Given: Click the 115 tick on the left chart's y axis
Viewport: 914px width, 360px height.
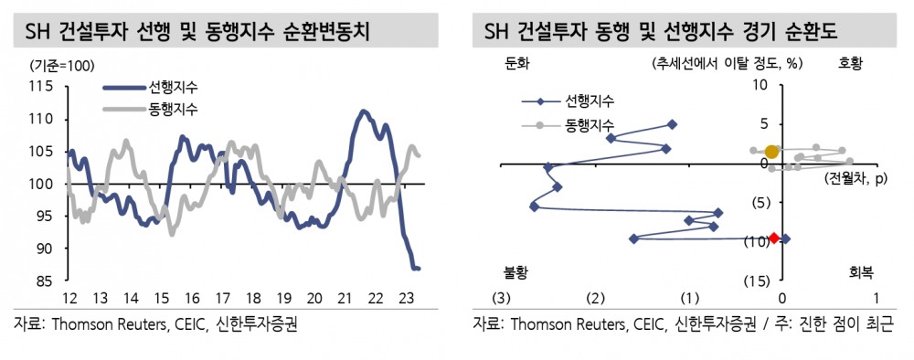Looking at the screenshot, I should click(x=39, y=87).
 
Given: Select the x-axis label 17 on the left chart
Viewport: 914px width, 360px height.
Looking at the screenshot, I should click(x=222, y=298).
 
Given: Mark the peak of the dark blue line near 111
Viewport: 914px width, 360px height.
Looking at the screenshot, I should click(x=363, y=111).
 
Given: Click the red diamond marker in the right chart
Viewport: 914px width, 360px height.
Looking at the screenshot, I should click(x=774, y=238).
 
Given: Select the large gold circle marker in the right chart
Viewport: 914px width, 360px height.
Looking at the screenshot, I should click(x=772, y=152).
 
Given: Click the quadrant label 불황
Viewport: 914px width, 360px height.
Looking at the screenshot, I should click(x=517, y=272).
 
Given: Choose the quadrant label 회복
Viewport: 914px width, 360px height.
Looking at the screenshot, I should click(x=861, y=272).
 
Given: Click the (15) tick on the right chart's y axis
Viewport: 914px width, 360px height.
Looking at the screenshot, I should click(x=755, y=281).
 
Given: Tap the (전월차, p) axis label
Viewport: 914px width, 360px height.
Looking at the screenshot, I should click(x=855, y=178).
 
